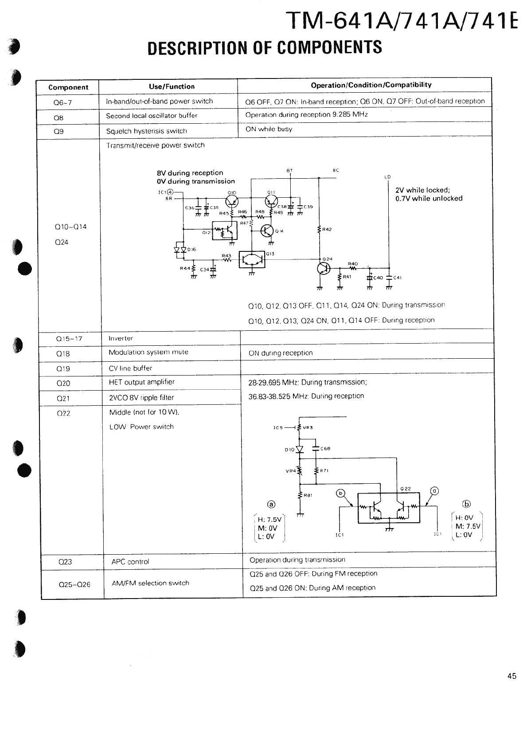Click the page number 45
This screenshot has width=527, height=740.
point(512,676)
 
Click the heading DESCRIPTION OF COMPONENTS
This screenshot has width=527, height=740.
point(265,47)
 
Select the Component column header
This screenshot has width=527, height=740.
point(68,87)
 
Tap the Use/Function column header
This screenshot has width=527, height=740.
point(172,86)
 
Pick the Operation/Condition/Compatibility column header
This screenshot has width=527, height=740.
point(371,85)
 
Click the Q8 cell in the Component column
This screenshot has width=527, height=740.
point(59,118)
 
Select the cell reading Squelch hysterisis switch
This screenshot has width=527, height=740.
point(146,131)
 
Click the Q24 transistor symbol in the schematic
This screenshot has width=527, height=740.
point(324,269)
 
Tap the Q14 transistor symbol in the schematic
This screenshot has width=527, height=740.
point(267,230)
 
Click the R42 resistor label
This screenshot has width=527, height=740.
point(327,230)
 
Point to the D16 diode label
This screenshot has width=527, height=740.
point(191,250)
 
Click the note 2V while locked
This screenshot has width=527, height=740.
point(422,190)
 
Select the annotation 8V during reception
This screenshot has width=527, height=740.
point(190,173)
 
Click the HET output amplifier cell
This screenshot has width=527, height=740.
point(142,382)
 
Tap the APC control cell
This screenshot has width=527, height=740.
point(130,562)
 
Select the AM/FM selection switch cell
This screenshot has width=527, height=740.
point(150,583)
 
